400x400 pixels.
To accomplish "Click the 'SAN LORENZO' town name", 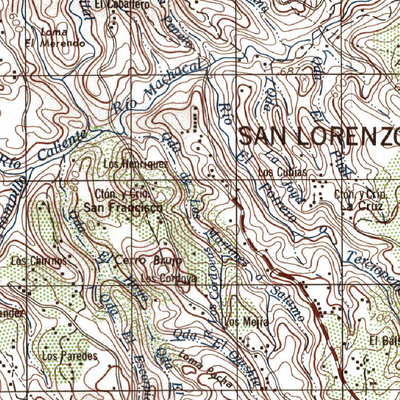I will [319, 136].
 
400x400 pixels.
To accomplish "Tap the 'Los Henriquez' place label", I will [136, 164].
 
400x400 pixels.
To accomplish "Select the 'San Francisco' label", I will [123, 207].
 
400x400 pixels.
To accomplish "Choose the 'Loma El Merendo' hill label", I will [55, 38].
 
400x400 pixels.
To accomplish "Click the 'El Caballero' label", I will [116, 5].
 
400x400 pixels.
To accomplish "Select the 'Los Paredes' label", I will [70, 356].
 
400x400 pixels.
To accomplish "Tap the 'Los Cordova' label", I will [169, 279].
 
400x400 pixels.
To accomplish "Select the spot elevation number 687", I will [290, 71].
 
